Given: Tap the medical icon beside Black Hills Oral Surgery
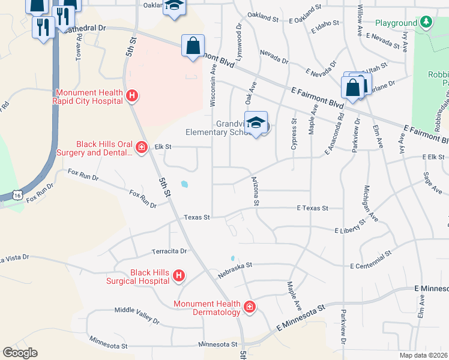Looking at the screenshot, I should (x=142, y=147).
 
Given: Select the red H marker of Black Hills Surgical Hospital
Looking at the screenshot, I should (x=178, y=275).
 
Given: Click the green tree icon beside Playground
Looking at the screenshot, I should (x=426, y=23).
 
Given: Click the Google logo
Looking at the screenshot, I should (x=20, y=353).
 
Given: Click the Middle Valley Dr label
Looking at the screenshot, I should (x=137, y=315).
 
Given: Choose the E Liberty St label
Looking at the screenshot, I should (x=349, y=227).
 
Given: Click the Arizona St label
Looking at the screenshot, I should (x=255, y=191).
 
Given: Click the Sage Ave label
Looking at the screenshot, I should (x=432, y=182).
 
